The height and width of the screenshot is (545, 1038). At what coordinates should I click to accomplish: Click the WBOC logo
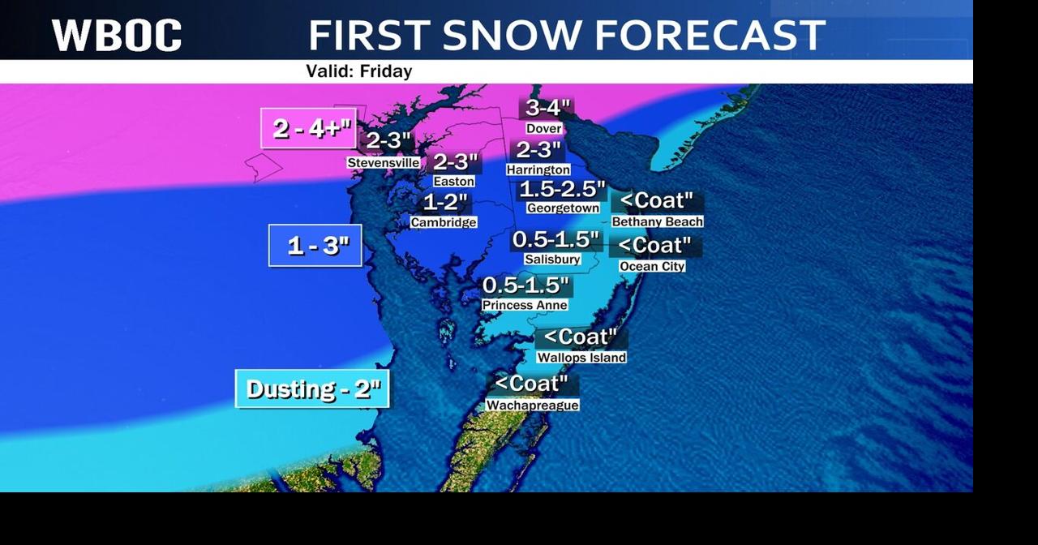point(117,36)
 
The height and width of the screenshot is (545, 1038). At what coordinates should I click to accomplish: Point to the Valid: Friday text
point(359,71)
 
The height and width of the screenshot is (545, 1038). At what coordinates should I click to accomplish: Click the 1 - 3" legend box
point(315,245)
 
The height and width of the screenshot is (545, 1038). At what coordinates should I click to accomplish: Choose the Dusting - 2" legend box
point(313,389)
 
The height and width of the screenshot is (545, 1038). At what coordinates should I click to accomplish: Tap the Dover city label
point(543,129)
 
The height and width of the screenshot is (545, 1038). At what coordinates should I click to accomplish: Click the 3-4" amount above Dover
point(547,108)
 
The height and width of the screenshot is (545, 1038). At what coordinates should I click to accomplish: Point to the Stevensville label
point(384,163)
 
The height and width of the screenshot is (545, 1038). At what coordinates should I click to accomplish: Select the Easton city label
point(454,182)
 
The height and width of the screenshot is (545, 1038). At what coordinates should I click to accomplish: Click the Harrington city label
point(538,170)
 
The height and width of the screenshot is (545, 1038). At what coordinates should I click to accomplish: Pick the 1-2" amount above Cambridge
point(445,202)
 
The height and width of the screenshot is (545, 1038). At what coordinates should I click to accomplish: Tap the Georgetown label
point(563,208)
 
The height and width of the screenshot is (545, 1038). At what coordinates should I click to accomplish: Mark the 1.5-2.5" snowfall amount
point(562,190)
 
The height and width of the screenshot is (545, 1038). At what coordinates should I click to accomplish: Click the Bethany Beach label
point(658,221)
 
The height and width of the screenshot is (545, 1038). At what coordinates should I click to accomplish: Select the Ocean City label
point(652,266)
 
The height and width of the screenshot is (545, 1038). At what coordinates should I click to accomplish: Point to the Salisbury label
point(552,260)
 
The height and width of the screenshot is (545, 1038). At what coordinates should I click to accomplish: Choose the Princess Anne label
point(525,305)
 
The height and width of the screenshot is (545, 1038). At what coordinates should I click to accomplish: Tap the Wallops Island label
point(581,358)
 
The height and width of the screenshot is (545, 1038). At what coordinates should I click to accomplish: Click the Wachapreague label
point(532,405)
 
